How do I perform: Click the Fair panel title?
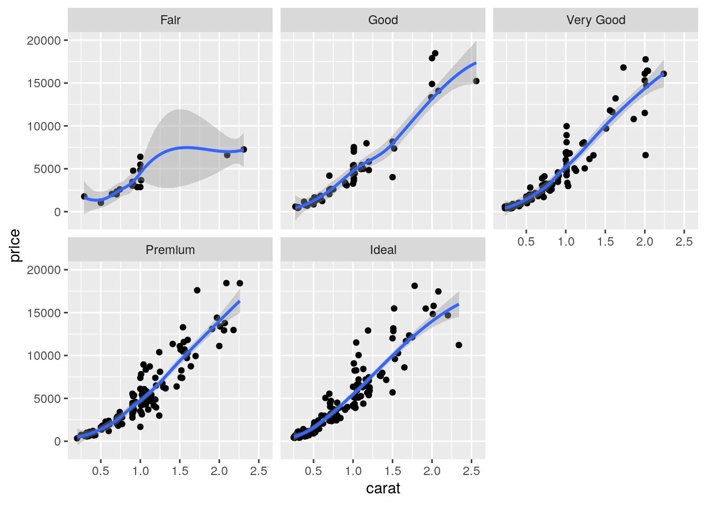pos(170,20)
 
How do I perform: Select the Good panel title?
pos(383,20)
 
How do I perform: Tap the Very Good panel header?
pos(596,20)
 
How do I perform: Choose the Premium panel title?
pos(170,250)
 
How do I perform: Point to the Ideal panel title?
pos(383,250)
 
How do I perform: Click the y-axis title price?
pos(15,246)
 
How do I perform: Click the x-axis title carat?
pos(383,489)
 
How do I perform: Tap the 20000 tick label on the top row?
pos(44,41)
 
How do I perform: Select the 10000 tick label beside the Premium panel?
pos(44,356)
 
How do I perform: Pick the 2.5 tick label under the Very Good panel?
pos(684,241)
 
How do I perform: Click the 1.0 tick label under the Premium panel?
pos(140,471)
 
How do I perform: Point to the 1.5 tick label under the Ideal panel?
pos(392,471)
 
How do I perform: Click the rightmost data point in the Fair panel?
pos(244,149)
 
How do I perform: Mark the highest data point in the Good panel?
pos(435,53)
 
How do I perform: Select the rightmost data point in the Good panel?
pos(476,81)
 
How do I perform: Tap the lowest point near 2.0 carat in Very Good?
pos(646,155)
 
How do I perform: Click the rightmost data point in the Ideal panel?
pos(459,345)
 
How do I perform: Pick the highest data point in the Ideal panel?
pos(414,286)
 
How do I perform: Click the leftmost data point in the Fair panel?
pos(84,196)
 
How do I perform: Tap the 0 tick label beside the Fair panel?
pos(57,212)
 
